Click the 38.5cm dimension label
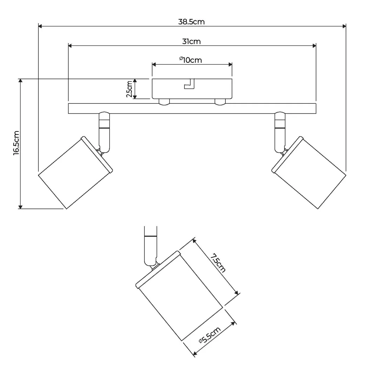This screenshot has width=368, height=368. (191, 22)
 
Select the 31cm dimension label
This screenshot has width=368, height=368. (191, 42)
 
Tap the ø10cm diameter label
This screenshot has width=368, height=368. (191, 60)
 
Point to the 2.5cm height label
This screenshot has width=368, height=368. (129, 89)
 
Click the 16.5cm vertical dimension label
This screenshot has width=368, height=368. (16, 143)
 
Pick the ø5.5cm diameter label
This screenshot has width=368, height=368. (210, 335)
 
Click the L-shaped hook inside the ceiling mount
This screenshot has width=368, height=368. (189, 84)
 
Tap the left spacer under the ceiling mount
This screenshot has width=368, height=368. (164, 102)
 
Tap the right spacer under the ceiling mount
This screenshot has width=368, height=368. (220, 102)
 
